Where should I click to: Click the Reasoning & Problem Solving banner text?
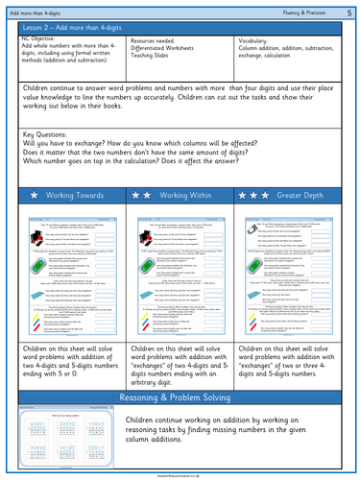click(x=180, y=396)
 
